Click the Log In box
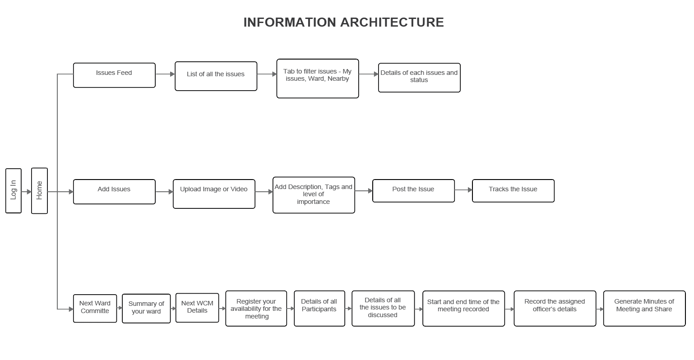(14, 190)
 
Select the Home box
(39, 190)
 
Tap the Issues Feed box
(114, 75)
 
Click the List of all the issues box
(216, 76)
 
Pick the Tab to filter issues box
(318, 78)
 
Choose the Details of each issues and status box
(419, 78)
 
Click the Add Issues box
(114, 192)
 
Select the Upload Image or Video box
(214, 194)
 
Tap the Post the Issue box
(413, 191)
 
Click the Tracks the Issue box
(513, 191)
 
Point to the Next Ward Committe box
(95, 309)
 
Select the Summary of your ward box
(146, 309)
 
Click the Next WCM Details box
(197, 308)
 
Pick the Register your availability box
(256, 309)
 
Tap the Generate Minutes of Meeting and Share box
(644, 309)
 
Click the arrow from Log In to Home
(26, 192)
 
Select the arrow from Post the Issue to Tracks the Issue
(463, 189)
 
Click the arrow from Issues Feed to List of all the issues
(165, 74)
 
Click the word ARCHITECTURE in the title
(392, 22)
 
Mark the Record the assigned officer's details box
(555, 309)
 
